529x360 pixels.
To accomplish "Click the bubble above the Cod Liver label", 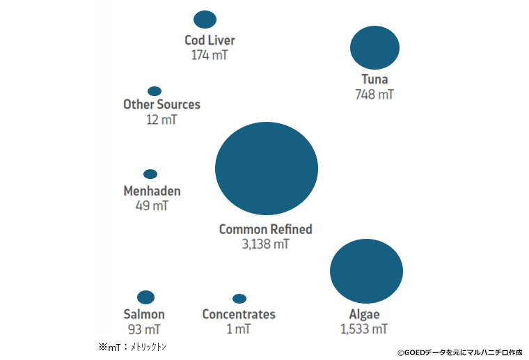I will [x=205, y=19].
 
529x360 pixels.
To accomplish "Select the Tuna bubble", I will [x=374, y=47].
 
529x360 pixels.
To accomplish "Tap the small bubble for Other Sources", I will [x=155, y=91].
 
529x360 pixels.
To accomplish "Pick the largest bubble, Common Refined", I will [x=266, y=168].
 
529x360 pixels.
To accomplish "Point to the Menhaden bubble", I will [x=150, y=174].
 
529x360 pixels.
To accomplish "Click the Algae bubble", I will [x=366, y=271].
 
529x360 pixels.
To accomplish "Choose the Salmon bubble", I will [x=145, y=297].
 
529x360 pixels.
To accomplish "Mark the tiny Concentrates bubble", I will [x=239, y=299].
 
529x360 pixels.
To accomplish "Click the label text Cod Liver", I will [x=210, y=40].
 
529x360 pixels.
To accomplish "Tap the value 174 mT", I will [x=210, y=54].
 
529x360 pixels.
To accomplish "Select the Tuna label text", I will [x=374, y=79].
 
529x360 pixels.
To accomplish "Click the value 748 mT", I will [x=374, y=94].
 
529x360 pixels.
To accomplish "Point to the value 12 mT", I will [x=161, y=119].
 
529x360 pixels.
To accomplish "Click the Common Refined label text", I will [x=265, y=229].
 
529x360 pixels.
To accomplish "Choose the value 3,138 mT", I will [x=265, y=244].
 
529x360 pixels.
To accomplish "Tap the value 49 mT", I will [x=152, y=205].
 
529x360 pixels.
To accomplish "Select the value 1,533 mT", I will [x=364, y=329].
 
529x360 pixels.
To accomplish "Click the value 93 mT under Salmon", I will [x=144, y=329].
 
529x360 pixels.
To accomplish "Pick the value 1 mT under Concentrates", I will [x=238, y=329].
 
